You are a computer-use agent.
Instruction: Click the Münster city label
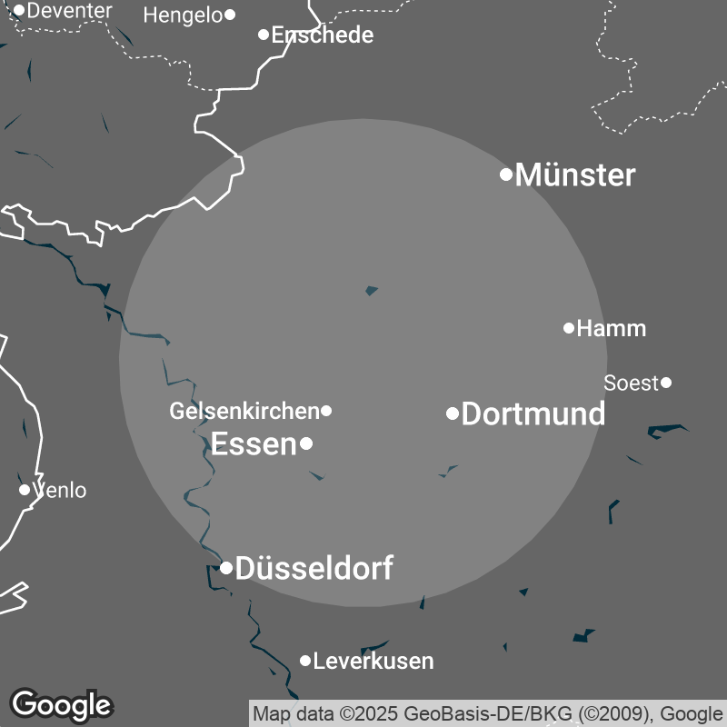(x=575, y=175)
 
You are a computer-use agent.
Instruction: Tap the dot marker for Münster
(x=507, y=174)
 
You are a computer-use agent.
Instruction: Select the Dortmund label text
(x=533, y=414)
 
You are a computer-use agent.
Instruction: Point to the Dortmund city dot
(x=453, y=414)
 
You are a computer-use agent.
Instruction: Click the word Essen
(x=254, y=444)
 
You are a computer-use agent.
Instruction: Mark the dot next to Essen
(x=307, y=443)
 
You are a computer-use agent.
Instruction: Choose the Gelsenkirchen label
(x=244, y=412)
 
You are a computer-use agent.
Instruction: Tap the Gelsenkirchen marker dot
(x=326, y=411)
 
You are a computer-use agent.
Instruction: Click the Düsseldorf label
(x=314, y=569)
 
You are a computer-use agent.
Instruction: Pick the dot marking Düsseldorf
(x=226, y=568)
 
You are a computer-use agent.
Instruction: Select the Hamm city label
(x=612, y=329)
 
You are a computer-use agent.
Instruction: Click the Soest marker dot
(x=666, y=383)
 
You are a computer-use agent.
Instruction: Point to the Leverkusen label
(x=373, y=662)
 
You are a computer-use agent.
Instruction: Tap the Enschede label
(x=323, y=35)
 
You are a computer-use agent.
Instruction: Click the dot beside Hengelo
(x=230, y=15)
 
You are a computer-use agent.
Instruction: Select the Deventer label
(x=70, y=11)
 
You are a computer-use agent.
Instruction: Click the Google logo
(x=61, y=704)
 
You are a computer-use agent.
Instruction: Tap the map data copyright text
(x=487, y=712)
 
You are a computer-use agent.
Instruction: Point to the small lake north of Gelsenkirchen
(x=371, y=291)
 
